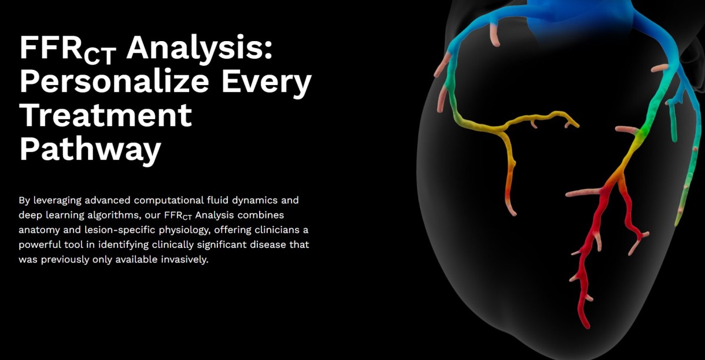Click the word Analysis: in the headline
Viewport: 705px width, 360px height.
coord(199,48)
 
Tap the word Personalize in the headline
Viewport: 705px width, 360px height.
coord(114,81)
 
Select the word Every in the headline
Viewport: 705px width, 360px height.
coord(267,81)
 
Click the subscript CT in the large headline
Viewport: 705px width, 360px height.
coord(100,56)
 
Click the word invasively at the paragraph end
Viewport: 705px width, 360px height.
coord(184,260)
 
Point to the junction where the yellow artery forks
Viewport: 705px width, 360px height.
coord(503,130)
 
